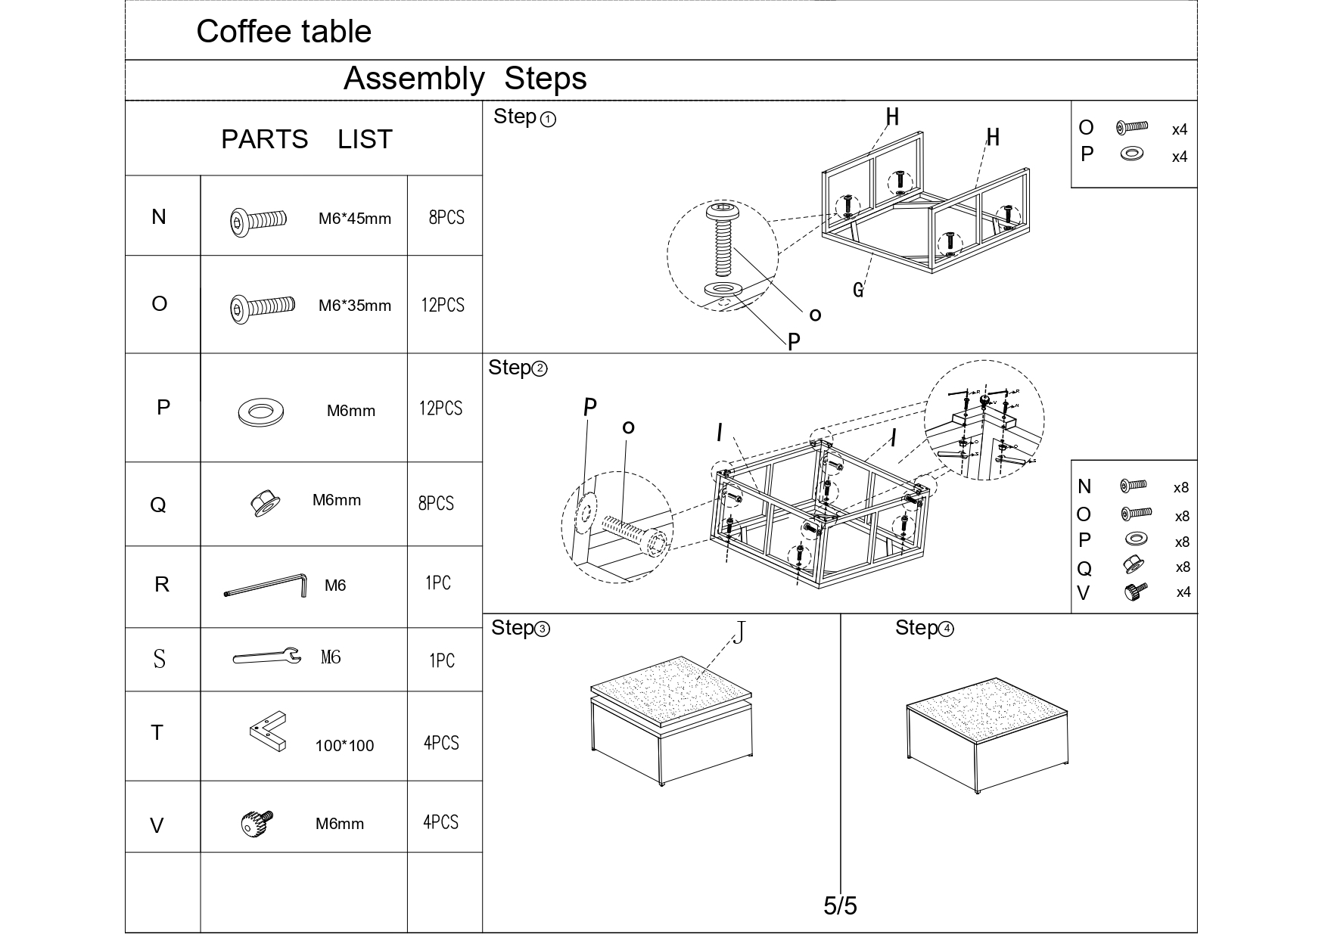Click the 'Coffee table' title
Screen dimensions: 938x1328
coord(284,32)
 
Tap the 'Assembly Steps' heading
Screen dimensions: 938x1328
coord(465,79)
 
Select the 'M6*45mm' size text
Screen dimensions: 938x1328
coord(354,219)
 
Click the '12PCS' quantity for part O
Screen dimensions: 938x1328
coord(443,305)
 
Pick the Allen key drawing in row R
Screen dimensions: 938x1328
coord(266,585)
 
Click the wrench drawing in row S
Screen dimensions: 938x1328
coord(266,657)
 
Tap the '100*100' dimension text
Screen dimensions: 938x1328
coord(344,746)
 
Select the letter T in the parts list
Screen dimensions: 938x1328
coord(157,733)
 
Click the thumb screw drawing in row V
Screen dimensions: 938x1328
coord(257,823)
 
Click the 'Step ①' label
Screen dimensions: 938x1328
coord(524,117)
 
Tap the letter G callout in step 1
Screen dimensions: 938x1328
coord(857,290)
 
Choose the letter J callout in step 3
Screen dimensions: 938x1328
coord(739,632)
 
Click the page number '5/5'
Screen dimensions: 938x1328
coord(840,905)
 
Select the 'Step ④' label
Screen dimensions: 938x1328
coord(924,628)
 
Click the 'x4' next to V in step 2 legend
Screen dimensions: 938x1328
coord(1183,592)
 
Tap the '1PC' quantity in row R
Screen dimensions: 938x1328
coord(437,583)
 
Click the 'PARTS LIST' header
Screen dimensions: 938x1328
coord(306,139)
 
